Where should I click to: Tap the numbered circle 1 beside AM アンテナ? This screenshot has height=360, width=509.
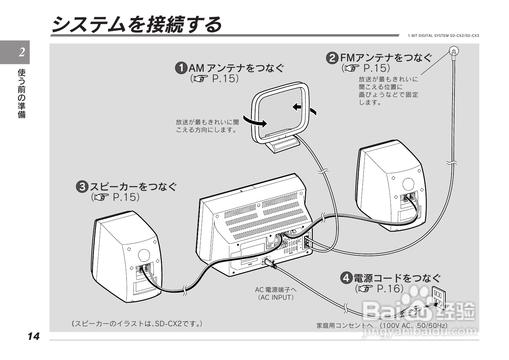tap(181, 68)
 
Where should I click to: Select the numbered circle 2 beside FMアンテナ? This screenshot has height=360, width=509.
tap(332, 58)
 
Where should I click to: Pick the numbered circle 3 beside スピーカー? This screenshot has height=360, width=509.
tap(82, 187)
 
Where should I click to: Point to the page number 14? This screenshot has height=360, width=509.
tap(34, 336)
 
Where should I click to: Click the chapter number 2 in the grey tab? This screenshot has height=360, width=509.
tap(22, 52)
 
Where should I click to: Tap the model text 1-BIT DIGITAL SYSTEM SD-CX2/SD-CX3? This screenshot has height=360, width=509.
tap(443, 36)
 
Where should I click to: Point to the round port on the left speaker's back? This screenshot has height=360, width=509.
tap(144, 255)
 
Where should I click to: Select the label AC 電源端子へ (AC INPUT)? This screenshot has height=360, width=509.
tap(276, 293)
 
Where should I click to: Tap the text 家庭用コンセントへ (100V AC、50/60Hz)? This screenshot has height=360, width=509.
tap(382, 325)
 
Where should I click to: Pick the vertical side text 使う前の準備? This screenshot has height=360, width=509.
tap(22, 94)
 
